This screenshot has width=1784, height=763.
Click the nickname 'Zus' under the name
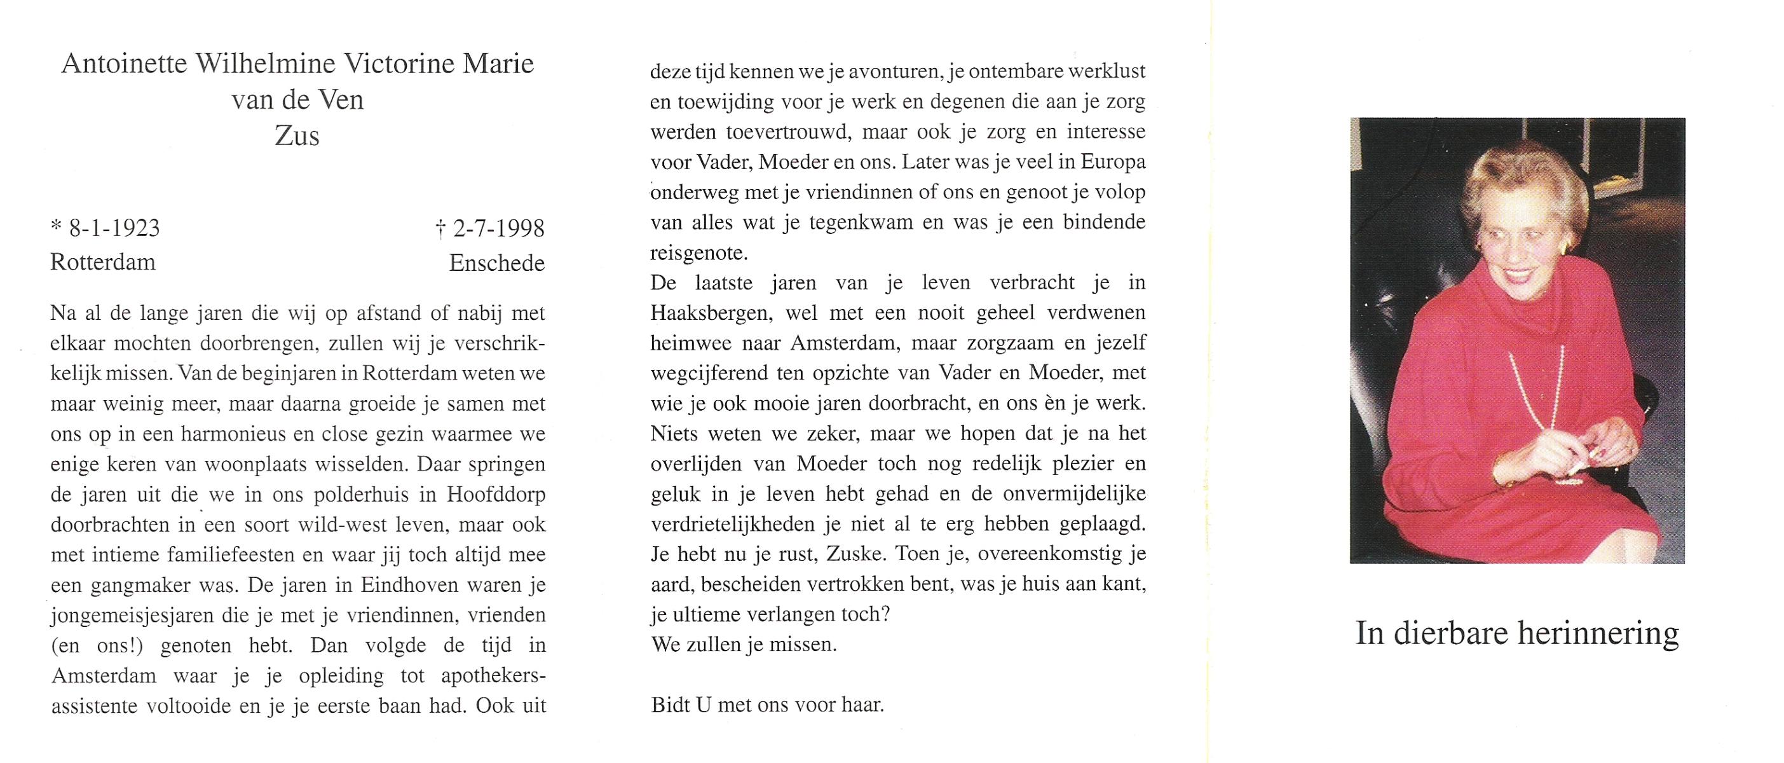[297, 135]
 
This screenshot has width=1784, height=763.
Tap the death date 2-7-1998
[498, 228]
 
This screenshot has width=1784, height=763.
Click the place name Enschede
[496, 263]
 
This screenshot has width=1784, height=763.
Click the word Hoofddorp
[496, 495]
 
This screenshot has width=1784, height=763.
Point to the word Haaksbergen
[711, 313]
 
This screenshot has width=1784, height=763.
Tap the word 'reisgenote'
[700, 253]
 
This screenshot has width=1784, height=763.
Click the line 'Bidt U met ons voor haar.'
[767, 706]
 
